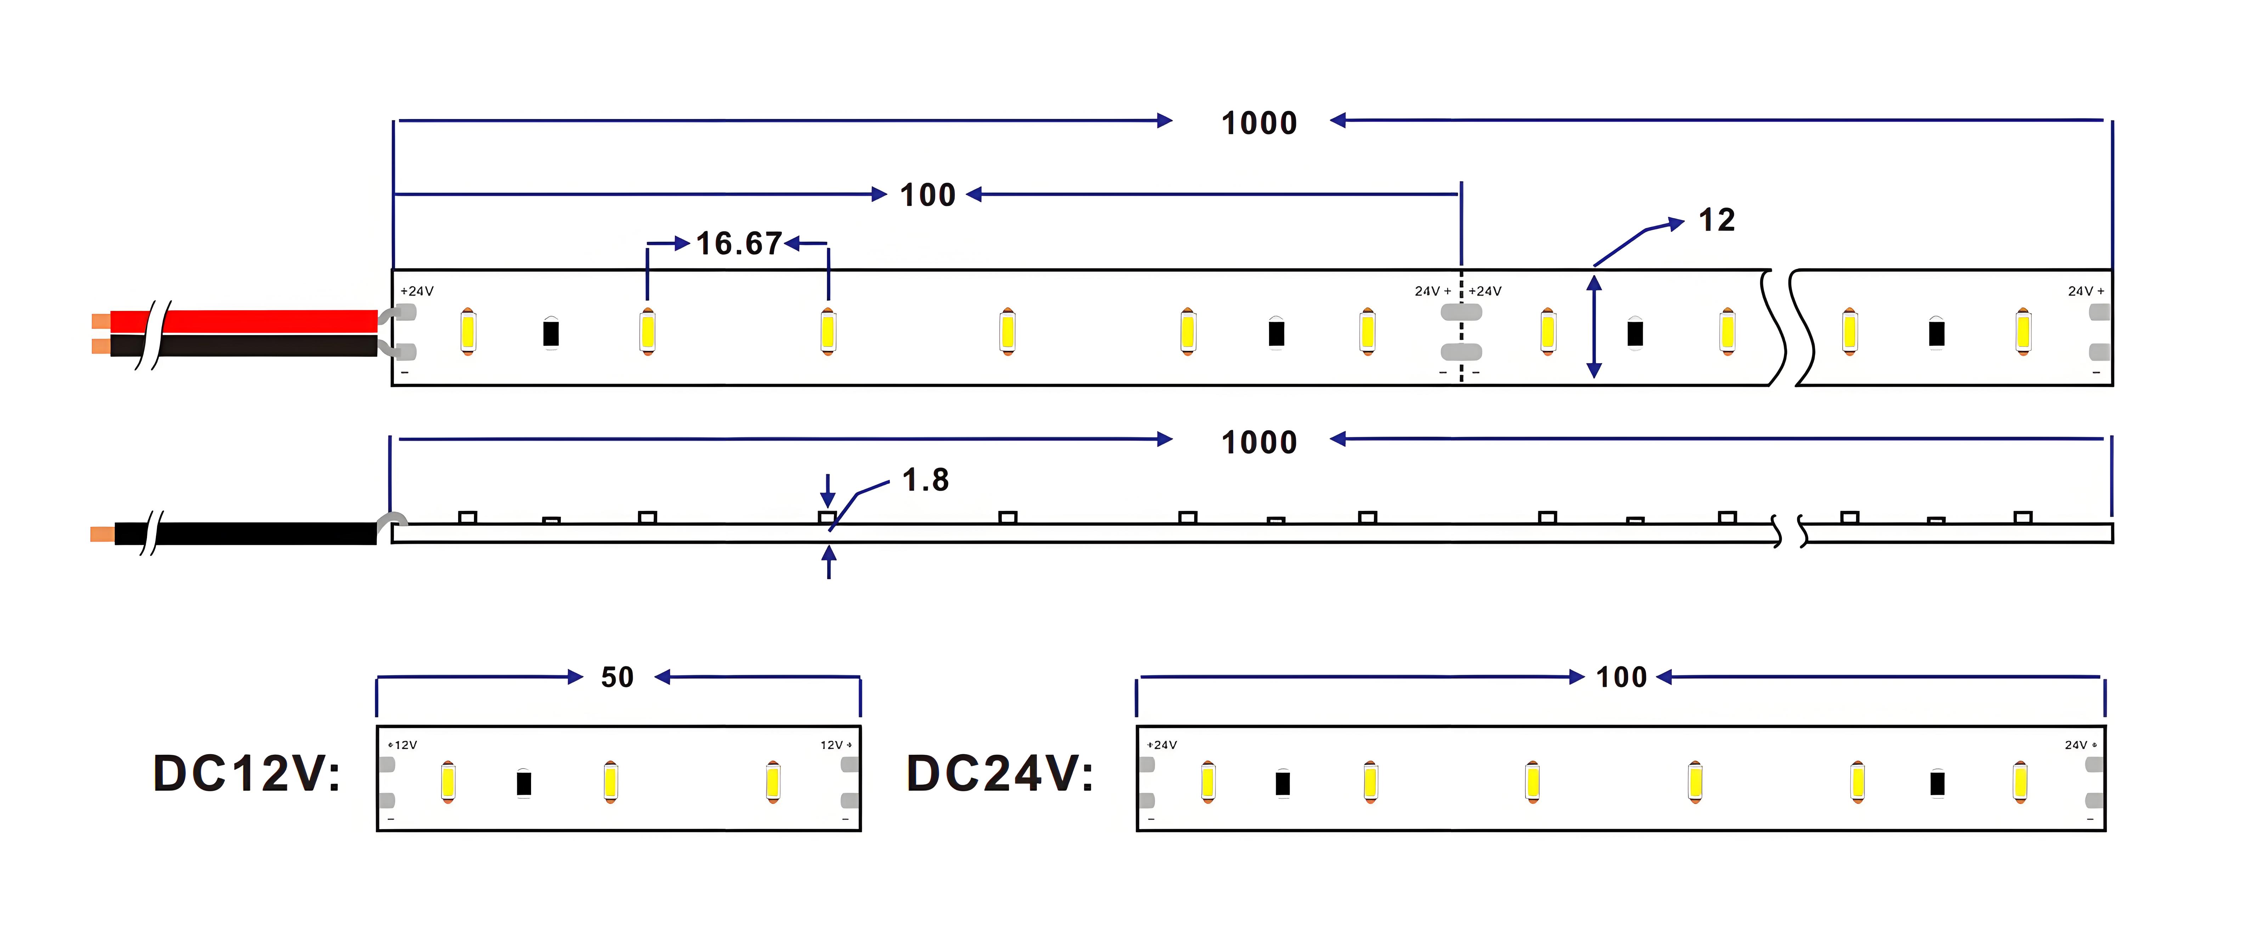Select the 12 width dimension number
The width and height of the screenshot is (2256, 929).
coord(1716,220)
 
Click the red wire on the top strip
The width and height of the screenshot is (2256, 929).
coord(243,321)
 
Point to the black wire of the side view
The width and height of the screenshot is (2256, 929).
coord(245,533)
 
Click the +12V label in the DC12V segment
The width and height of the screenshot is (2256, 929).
coord(403,745)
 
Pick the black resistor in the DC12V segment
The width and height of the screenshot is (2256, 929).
coord(524,783)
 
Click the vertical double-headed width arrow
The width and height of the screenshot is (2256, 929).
coord(1594,326)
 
